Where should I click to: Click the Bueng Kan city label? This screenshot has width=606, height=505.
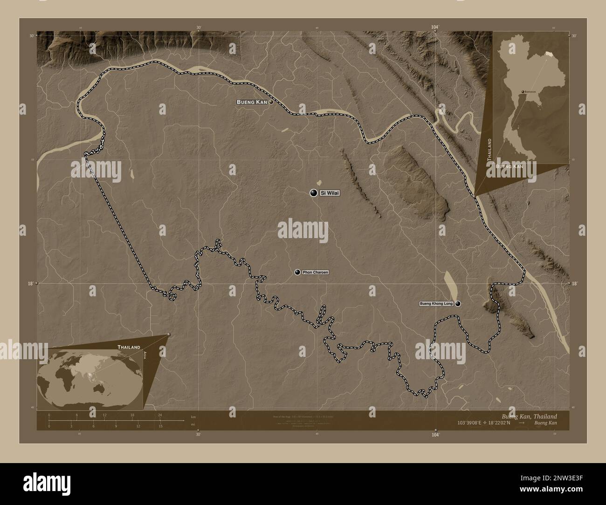point(252,102)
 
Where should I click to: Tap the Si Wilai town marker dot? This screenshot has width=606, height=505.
point(313,193)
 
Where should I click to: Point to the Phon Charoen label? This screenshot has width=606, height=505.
point(315,272)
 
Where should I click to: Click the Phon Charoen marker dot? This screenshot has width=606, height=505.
point(297,272)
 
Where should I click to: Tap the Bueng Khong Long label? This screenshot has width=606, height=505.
point(436,304)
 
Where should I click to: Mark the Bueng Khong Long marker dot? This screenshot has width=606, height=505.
point(458,304)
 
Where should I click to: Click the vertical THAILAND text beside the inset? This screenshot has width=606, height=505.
point(489,149)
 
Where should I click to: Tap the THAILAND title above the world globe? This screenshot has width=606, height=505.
point(129,347)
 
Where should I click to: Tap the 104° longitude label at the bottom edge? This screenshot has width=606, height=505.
point(435,435)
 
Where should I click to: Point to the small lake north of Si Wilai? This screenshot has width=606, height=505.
point(319,183)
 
